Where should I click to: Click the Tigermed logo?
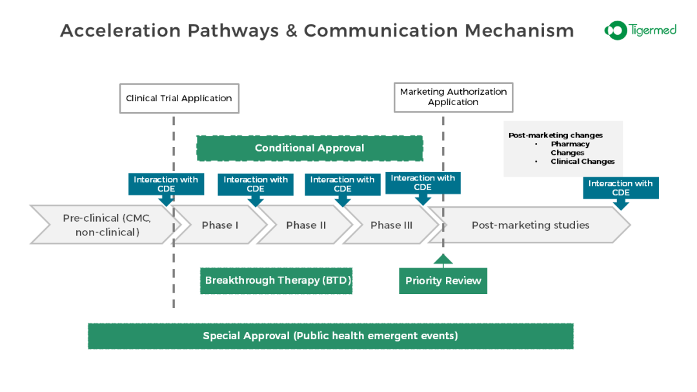tap(640, 30)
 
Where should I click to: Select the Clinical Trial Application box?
tap(179, 99)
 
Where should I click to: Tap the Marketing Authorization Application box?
tap(454, 97)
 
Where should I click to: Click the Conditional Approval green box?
tap(310, 148)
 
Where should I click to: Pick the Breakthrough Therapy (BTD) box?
tap(276, 280)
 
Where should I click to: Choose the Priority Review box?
tap(443, 280)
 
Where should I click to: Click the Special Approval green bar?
tap(330, 336)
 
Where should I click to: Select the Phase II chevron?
tap(306, 225)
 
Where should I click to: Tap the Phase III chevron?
tap(391, 225)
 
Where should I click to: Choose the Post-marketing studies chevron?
tap(530, 225)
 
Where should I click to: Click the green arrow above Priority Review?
tap(443, 260)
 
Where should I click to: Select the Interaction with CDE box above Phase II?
tap(343, 184)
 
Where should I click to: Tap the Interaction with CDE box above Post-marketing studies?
tap(621, 188)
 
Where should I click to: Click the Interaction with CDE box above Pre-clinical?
tap(167, 184)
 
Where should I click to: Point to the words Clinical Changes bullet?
tap(582, 162)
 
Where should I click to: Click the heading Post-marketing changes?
tap(556, 135)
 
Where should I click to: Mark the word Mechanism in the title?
tap(519, 31)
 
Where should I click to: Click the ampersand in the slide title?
tap(291, 31)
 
